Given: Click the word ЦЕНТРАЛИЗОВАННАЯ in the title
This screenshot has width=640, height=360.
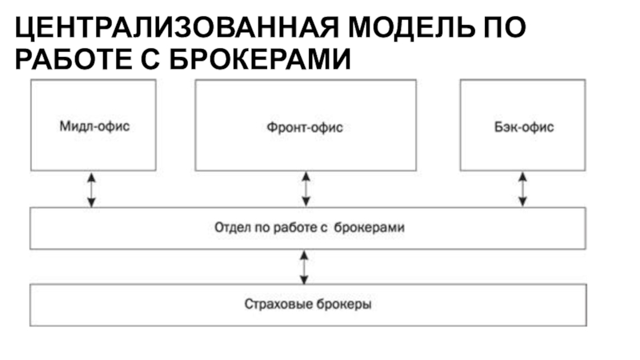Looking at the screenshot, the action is [177, 28].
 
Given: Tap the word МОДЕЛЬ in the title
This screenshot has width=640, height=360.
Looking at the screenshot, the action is [411, 27].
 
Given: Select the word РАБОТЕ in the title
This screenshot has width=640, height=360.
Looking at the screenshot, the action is [74, 58].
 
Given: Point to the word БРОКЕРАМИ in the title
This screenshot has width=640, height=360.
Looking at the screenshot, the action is [259, 58].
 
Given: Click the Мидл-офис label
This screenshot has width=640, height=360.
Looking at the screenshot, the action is [94, 126].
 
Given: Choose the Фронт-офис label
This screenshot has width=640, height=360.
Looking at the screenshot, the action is [305, 127].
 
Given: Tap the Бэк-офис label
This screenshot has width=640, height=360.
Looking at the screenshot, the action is [524, 127].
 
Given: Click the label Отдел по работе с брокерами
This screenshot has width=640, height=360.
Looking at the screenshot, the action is [310, 227].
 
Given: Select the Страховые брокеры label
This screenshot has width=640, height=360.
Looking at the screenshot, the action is [308, 304].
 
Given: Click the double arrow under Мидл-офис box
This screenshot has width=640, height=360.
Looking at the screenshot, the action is [91, 190].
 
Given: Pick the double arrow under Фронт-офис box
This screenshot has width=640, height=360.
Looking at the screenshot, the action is [306, 189].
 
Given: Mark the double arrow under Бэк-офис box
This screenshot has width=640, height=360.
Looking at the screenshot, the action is [522, 189].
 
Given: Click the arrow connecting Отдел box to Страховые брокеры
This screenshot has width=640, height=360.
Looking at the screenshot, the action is [304, 267].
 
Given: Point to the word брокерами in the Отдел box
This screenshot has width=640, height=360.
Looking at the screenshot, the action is [369, 227].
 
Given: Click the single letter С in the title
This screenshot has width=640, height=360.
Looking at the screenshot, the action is [150, 58].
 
